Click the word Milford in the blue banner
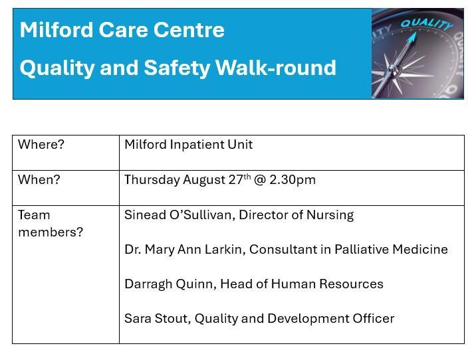57,30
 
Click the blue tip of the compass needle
414,35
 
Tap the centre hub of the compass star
392,67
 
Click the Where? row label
41,145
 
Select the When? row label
39,180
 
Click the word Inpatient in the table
196,145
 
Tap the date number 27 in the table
236,180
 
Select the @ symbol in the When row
259,180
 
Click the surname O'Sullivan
203,215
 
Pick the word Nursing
330,215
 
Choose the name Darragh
148,284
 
